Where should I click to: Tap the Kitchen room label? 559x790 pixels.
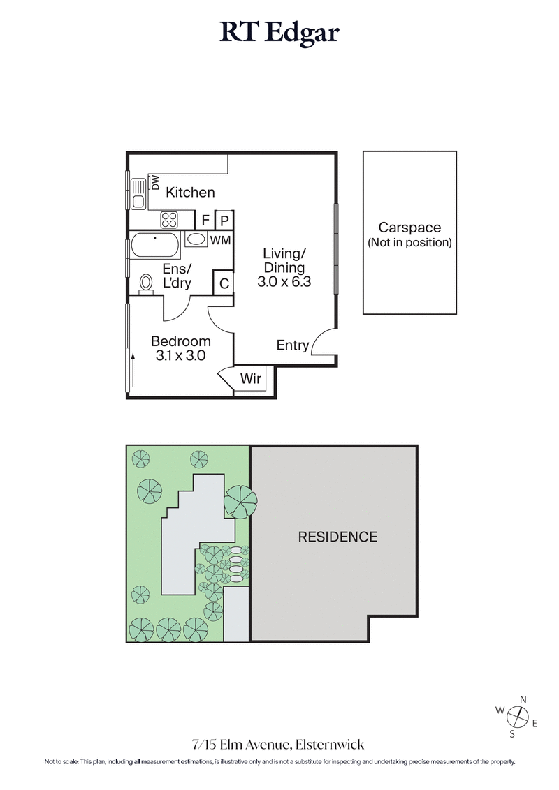click(190, 193)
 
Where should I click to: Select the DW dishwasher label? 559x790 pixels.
click(156, 183)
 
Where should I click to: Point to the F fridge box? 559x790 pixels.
click(205, 220)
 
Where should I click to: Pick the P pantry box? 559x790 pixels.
click(224, 220)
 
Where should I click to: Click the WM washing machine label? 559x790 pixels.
click(221, 241)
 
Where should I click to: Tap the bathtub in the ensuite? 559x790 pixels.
click(155, 246)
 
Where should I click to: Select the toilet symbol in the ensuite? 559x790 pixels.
click(147, 283)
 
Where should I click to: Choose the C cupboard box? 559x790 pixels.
click(224, 284)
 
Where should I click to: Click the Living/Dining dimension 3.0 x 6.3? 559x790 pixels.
click(283, 283)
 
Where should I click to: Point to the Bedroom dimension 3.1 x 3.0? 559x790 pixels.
click(181, 355)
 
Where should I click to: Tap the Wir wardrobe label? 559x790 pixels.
click(250, 379)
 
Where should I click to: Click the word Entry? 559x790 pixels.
click(293, 345)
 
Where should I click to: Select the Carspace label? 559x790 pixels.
click(409, 228)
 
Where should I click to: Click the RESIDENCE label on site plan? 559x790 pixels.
click(337, 537)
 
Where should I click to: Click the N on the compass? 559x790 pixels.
click(523, 699)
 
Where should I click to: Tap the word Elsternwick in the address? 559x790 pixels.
click(330, 745)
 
